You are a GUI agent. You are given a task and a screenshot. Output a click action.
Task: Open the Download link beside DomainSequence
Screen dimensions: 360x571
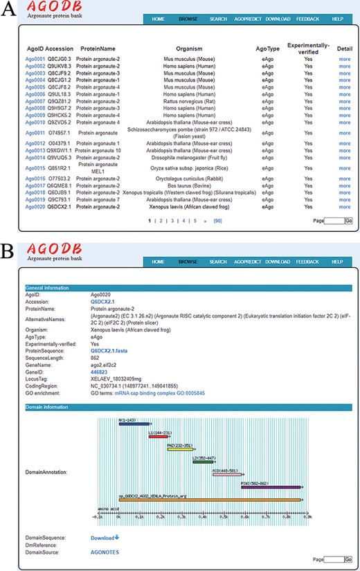point(105,537)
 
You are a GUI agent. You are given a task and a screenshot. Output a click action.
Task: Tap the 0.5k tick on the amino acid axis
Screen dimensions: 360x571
point(225,516)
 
